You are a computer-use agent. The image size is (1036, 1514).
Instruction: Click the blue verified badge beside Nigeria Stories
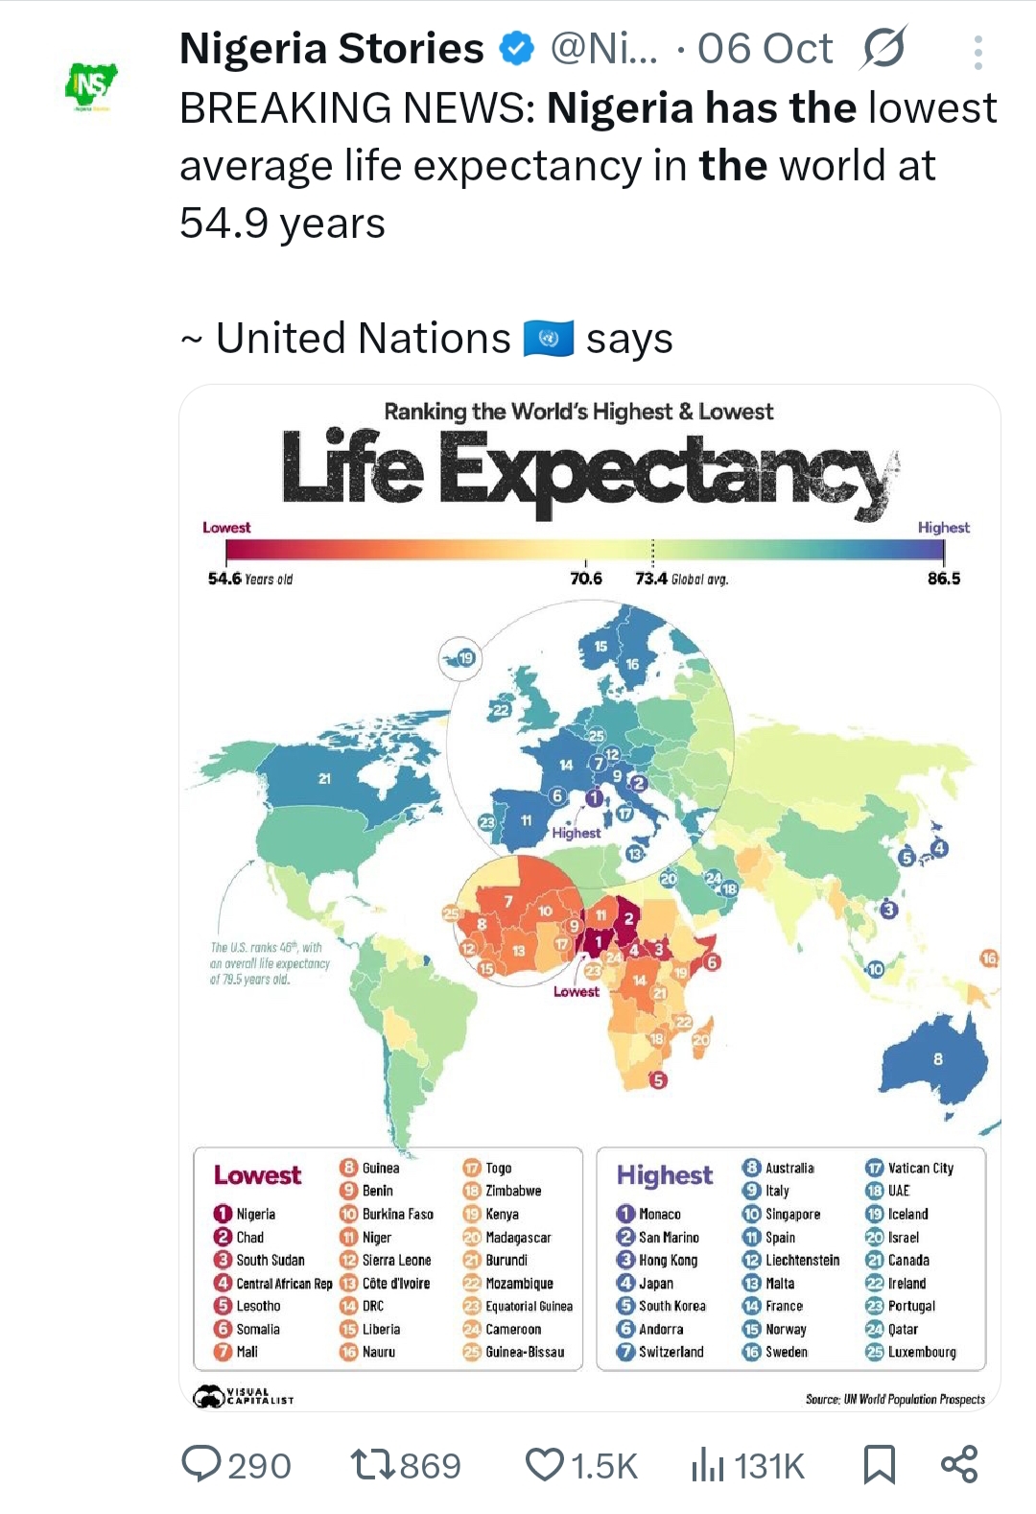point(518,48)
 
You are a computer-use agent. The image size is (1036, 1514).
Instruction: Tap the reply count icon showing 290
point(201,1464)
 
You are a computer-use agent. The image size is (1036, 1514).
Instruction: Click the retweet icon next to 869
point(371,1465)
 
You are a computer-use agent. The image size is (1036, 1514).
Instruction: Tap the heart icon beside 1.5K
point(545,1465)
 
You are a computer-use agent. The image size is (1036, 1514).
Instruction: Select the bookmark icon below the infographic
point(879,1465)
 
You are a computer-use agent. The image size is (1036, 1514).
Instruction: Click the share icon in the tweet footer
point(959,1464)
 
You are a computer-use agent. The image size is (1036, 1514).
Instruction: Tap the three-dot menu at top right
point(977,53)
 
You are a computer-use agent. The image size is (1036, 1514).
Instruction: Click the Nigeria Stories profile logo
point(91,87)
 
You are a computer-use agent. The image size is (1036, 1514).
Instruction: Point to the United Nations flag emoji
point(549,339)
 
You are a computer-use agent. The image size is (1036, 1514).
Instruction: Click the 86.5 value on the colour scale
point(943,579)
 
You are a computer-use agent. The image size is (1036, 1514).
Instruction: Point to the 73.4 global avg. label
point(681,579)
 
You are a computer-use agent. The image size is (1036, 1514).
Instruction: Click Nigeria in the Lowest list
point(255,1214)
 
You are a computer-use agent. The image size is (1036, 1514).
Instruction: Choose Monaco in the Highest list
point(659,1214)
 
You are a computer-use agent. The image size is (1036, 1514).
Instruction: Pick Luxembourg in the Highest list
point(921,1352)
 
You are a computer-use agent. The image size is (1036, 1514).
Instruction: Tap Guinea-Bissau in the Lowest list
point(524,1352)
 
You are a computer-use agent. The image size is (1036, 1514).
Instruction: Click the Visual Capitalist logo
point(245,1397)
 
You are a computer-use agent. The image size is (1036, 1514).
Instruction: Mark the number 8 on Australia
point(937,1059)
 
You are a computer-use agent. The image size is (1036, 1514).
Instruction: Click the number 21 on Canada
point(325,778)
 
